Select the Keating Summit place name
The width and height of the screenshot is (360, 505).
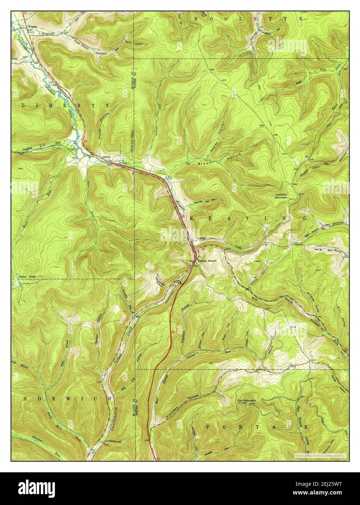(208, 261)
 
